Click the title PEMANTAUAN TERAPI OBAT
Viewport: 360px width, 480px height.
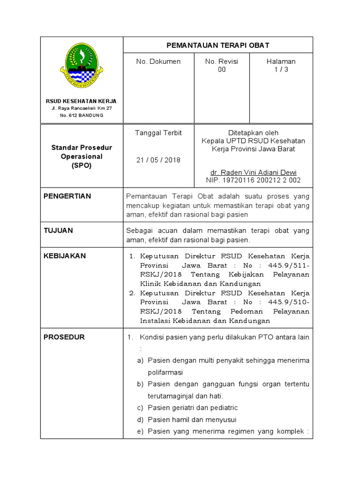(218, 45)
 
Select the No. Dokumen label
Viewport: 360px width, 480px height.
(158, 61)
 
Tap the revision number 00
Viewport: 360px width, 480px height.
(222, 69)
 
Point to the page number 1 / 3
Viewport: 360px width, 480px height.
(281, 69)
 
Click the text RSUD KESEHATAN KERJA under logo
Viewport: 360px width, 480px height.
(81, 101)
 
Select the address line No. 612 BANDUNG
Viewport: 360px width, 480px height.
(81, 115)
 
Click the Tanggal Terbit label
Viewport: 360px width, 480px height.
(158, 133)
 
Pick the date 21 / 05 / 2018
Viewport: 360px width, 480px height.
(158, 160)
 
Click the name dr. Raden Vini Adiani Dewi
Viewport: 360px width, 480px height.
(253, 172)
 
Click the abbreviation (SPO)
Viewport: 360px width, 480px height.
(81, 165)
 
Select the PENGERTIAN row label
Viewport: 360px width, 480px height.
(67, 196)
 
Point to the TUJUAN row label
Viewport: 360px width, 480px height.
(58, 231)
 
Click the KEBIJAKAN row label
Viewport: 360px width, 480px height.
(65, 256)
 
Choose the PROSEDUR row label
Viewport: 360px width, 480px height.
(64, 337)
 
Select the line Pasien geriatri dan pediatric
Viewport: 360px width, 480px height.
(193, 408)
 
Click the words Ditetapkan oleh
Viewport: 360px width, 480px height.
(253, 133)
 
